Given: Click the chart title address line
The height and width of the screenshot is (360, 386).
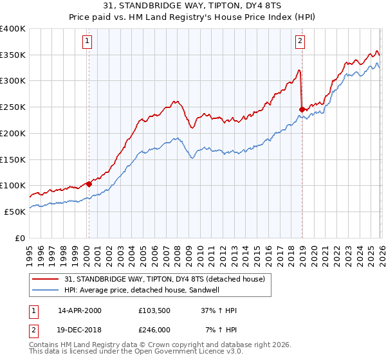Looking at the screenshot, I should point(193,7).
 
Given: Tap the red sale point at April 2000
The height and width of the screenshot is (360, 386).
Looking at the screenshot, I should point(89,184).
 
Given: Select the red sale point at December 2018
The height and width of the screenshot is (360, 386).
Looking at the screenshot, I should point(302,109).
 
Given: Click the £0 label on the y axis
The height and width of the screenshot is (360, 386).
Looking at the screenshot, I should point(21,237).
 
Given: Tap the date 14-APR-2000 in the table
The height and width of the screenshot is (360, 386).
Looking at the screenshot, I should point(80,310).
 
